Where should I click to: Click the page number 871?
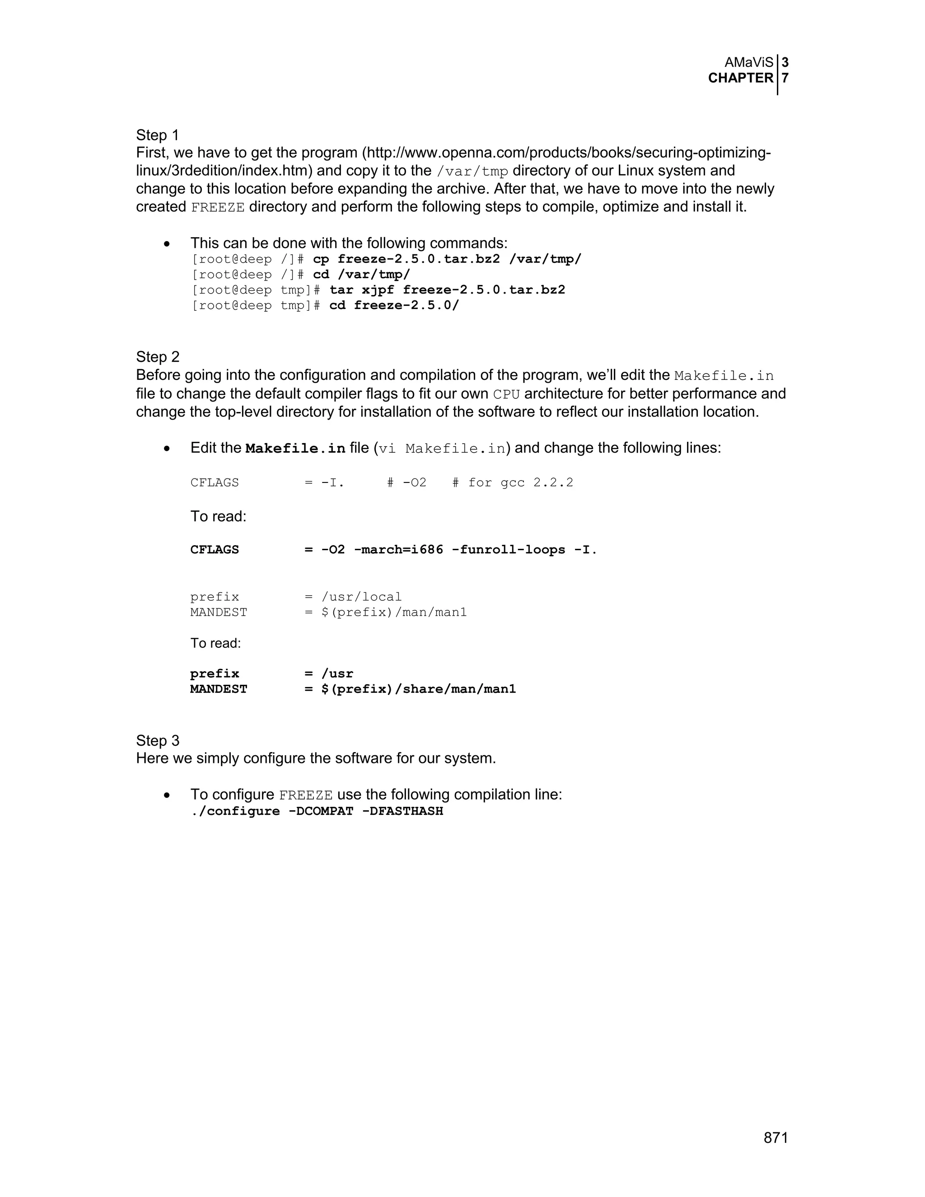[x=776, y=1138]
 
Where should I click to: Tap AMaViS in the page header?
[x=748, y=62]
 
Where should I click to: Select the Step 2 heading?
[x=157, y=357]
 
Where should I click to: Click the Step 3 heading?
[x=157, y=740]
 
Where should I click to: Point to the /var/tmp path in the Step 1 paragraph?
[x=472, y=171]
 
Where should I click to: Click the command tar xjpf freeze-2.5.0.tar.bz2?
[x=447, y=290]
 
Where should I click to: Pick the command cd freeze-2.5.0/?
[x=394, y=305]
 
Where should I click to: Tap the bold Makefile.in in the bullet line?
[x=295, y=449]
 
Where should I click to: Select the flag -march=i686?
[x=398, y=549]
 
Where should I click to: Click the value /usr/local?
[x=361, y=596]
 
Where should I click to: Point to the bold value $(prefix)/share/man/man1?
[x=419, y=689]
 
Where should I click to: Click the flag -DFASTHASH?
[x=402, y=811]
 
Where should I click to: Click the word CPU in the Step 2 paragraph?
[x=506, y=394]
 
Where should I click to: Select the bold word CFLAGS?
[x=214, y=549]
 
